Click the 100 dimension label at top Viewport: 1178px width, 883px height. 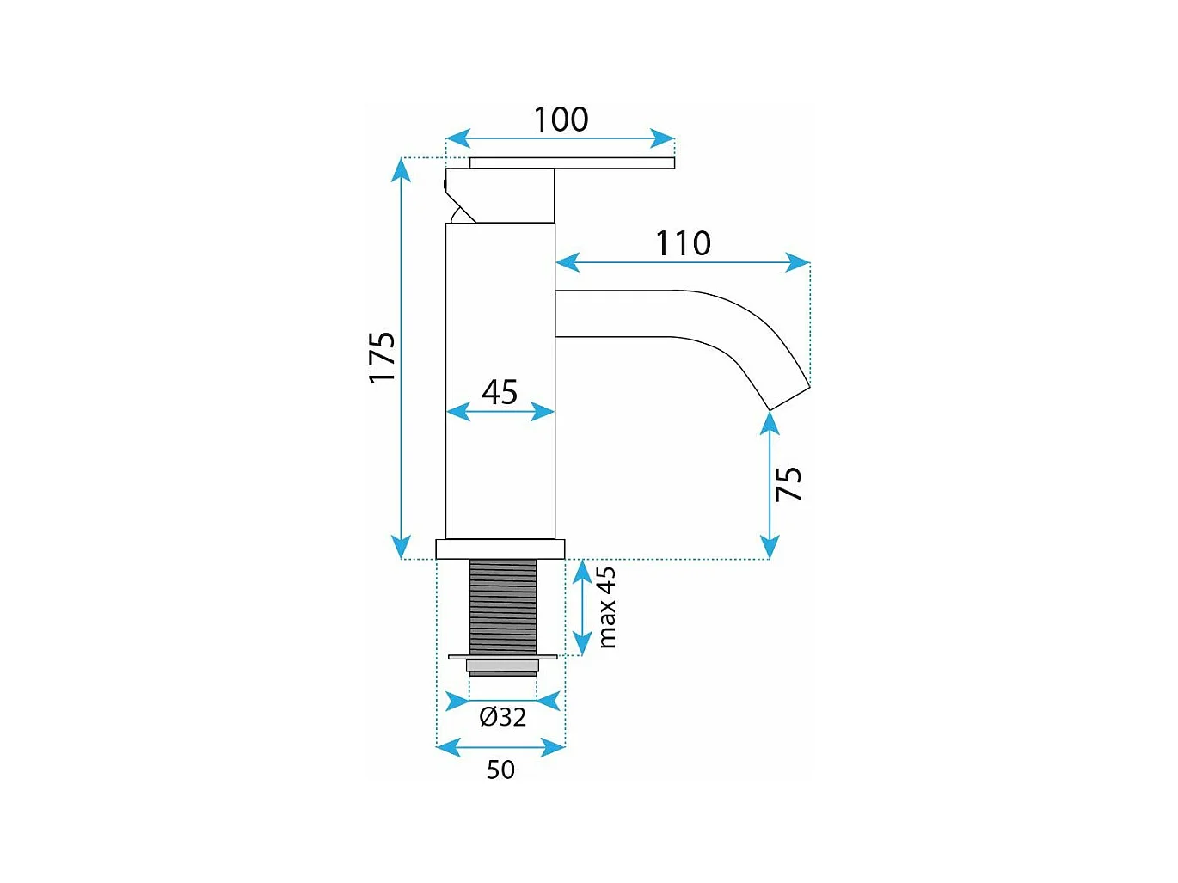(x=561, y=120)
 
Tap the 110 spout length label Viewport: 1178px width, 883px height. (x=684, y=243)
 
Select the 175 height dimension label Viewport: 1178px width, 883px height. (x=382, y=358)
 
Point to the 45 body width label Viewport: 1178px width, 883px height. (x=500, y=392)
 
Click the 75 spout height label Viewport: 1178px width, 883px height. (x=788, y=484)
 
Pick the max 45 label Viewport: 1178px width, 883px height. (x=607, y=607)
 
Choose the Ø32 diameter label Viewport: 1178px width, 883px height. (x=503, y=716)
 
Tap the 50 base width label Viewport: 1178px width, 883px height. (x=500, y=770)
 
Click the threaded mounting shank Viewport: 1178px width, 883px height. (x=503, y=606)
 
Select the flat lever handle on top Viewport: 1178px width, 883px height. (x=572, y=163)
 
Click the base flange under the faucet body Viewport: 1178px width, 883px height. (x=500, y=549)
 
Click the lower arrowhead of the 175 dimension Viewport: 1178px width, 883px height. (x=401, y=547)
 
